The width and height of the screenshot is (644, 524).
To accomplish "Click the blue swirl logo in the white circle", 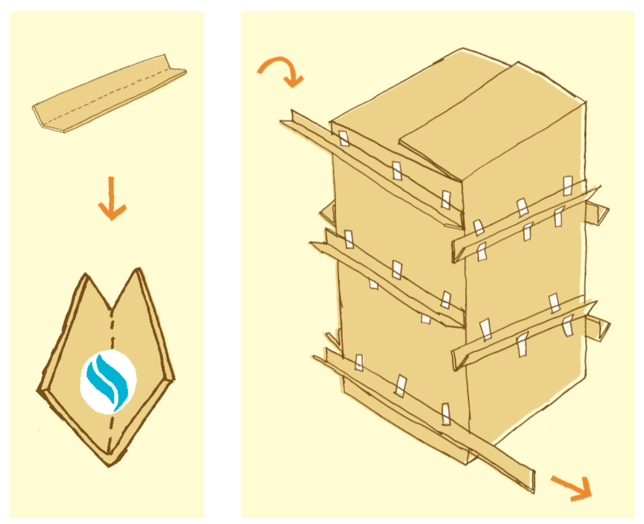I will point(108,380).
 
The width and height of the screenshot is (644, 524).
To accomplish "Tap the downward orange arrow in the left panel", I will point(111,199).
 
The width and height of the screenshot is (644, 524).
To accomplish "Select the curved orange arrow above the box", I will point(281,70).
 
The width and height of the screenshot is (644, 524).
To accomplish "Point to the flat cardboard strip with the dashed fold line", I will point(109,99).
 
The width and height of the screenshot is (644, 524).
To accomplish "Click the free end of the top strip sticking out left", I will point(289,120).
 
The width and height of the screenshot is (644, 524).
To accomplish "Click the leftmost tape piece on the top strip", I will point(344,139).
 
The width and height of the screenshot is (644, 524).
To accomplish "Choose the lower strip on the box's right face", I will point(523,333).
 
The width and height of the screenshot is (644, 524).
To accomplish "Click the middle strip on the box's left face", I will point(388,280).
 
